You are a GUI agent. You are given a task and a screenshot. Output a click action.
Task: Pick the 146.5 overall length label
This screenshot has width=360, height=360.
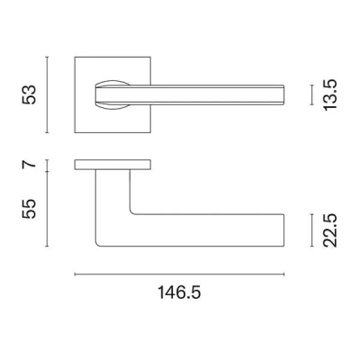[180, 293]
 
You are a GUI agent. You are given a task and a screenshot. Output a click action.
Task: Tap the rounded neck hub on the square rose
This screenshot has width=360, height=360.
[112, 94]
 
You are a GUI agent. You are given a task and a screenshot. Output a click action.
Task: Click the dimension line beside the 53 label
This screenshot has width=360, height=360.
[71, 94]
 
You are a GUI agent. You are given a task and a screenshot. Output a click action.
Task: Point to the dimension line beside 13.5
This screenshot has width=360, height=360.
[311, 95]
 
